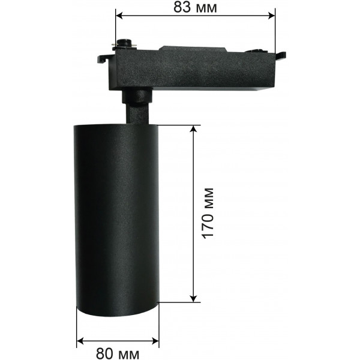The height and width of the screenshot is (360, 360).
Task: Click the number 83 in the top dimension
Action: point(182,7)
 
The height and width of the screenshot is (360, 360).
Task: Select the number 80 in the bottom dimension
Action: point(104,353)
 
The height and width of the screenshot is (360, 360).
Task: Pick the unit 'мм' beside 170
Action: point(209,199)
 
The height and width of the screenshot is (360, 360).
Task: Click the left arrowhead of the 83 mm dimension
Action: point(120,16)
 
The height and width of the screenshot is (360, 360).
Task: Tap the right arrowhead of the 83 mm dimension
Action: point(271,16)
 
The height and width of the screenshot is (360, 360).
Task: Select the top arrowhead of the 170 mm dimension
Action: point(194,129)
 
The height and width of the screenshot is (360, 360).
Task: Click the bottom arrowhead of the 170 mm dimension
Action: point(194,298)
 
